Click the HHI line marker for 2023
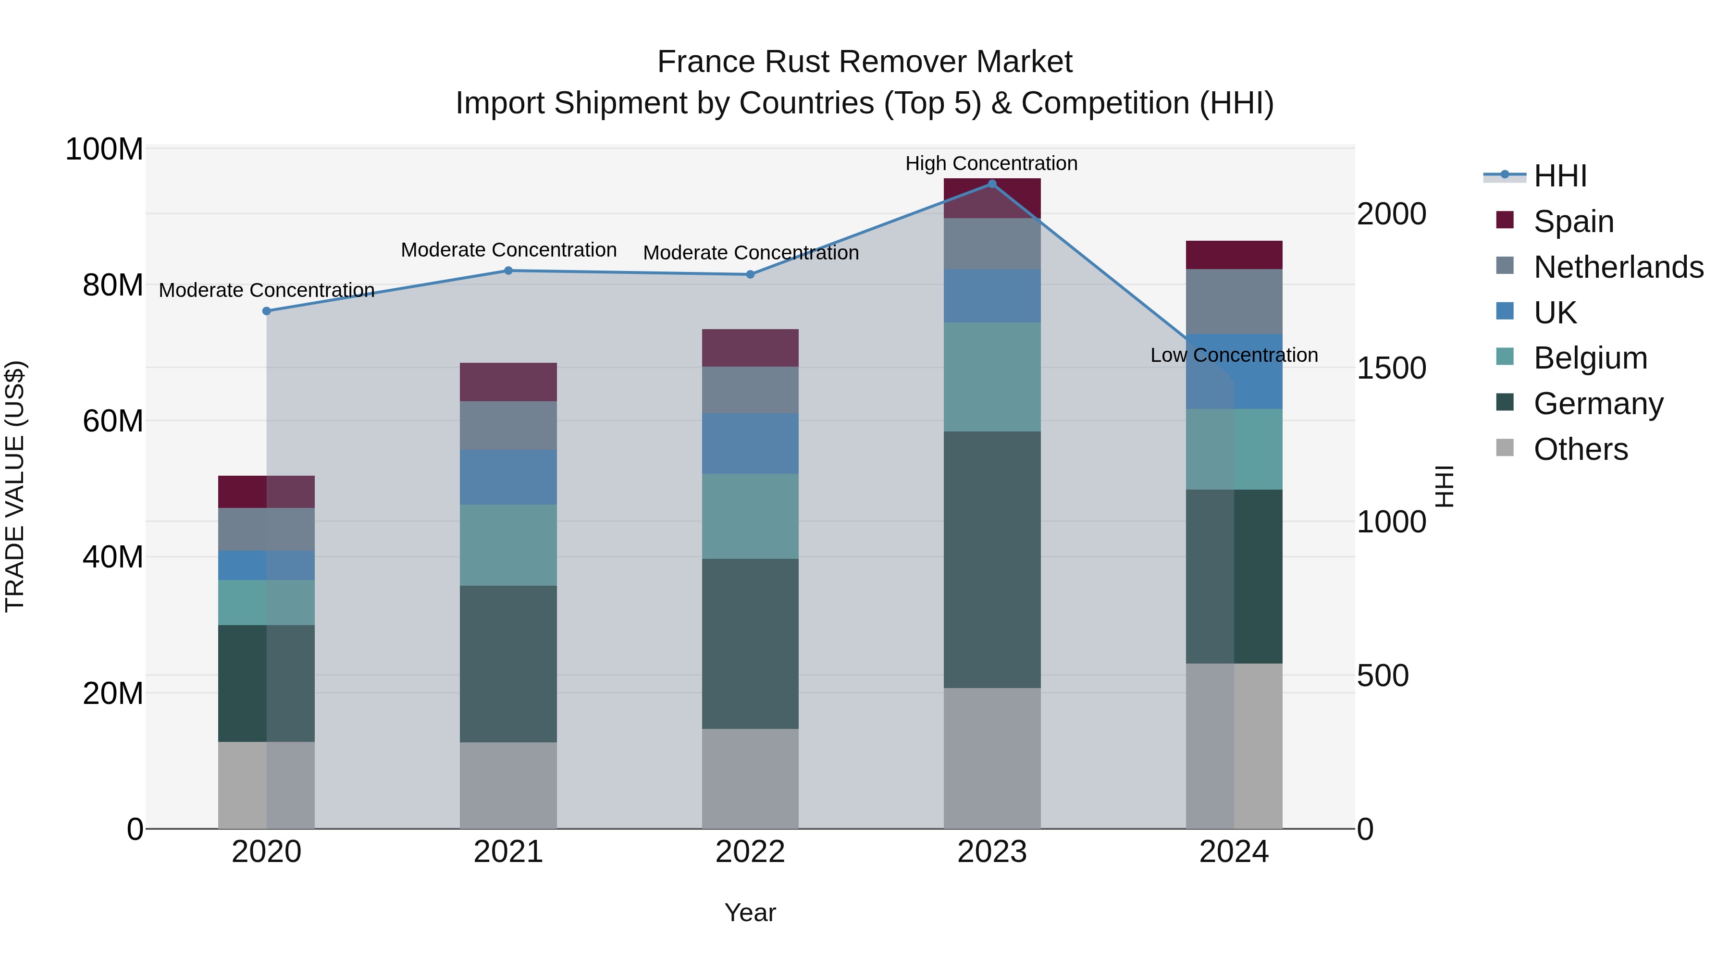click(992, 184)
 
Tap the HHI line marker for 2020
click(267, 311)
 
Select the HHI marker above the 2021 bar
click(508, 271)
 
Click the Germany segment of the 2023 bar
click(992, 559)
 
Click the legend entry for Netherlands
click(1618, 267)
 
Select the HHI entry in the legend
click(1559, 176)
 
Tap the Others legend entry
click(1580, 449)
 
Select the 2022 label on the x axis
click(750, 852)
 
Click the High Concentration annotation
click(991, 163)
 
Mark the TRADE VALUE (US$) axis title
click(15, 486)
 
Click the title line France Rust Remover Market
click(865, 62)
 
